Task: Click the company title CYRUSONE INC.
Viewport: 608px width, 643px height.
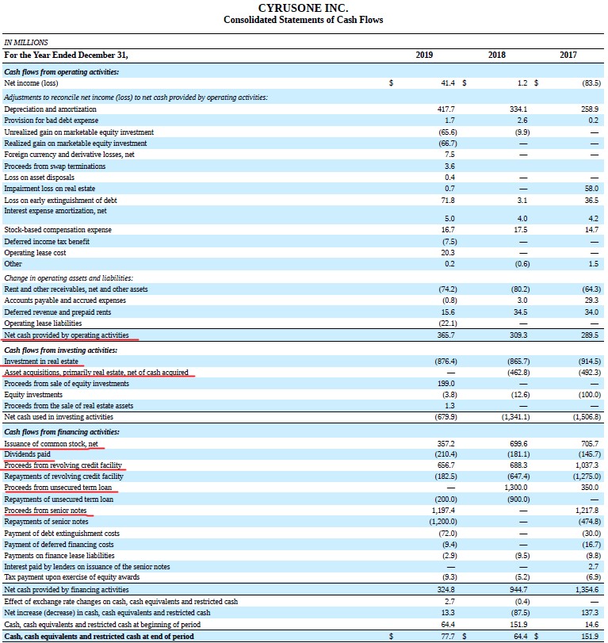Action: (x=304, y=8)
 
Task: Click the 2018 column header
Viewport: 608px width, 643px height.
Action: (x=496, y=55)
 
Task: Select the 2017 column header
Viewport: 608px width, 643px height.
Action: (x=568, y=55)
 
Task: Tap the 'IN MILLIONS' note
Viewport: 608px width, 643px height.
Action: (x=26, y=42)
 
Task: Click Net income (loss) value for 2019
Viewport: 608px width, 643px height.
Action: (x=448, y=82)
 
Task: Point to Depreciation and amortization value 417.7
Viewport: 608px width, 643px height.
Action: (x=446, y=109)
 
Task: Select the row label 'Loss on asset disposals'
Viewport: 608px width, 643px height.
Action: (x=40, y=177)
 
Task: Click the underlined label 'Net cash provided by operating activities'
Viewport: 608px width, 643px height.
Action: (x=67, y=335)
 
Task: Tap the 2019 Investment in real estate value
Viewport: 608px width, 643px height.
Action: (x=445, y=362)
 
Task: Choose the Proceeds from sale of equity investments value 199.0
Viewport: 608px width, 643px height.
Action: (x=446, y=384)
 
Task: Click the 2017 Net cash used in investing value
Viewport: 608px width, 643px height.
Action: (x=587, y=416)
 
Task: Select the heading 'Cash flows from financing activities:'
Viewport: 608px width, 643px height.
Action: (x=62, y=432)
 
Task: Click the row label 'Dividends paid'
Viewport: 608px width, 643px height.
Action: (x=28, y=454)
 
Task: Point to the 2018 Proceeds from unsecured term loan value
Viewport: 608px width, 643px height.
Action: (x=516, y=488)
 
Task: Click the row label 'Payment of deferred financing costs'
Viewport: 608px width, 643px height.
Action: (x=59, y=544)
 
